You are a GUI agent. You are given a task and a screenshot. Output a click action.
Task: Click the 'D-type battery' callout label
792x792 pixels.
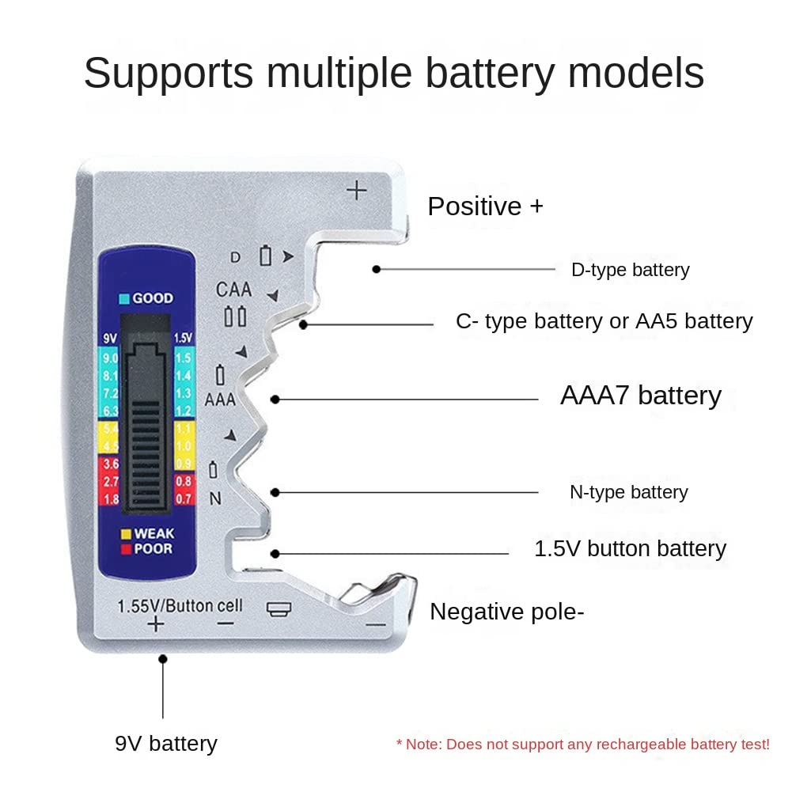click(x=630, y=270)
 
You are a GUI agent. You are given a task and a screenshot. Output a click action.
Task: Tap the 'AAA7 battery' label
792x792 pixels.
click(x=640, y=395)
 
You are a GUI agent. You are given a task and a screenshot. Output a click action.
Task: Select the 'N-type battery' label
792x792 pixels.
click(x=628, y=492)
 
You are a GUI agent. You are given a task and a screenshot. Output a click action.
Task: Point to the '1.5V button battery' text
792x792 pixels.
click(x=630, y=548)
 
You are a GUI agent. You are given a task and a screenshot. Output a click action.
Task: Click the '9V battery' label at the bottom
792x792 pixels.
click(x=165, y=743)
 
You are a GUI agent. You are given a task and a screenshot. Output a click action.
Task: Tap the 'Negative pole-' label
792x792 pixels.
click(x=506, y=612)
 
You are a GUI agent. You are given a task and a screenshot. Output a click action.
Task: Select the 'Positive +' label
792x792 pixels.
click(x=485, y=207)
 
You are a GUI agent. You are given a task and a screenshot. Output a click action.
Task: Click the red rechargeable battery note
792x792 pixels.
click(x=582, y=745)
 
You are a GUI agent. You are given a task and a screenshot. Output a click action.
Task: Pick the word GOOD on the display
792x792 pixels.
click(x=152, y=299)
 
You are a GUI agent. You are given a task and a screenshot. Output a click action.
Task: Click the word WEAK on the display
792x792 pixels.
click(x=153, y=533)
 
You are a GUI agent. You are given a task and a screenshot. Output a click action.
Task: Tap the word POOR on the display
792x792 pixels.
click(x=152, y=548)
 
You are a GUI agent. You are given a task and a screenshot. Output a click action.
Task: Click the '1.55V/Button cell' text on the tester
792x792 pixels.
click(x=180, y=606)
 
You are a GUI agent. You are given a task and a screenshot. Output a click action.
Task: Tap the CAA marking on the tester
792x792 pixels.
click(x=233, y=290)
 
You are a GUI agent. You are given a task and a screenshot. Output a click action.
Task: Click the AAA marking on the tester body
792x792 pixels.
click(x=220, y=400)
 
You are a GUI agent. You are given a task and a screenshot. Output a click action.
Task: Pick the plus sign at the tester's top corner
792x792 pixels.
click(x=358, y=191)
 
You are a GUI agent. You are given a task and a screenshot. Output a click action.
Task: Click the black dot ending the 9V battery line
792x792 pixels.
click(x=163, y=658)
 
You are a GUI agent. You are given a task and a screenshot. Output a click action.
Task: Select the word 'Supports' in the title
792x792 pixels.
click(x=168, y=74)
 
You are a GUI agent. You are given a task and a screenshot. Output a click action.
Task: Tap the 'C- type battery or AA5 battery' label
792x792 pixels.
click(x=604, y=321)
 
